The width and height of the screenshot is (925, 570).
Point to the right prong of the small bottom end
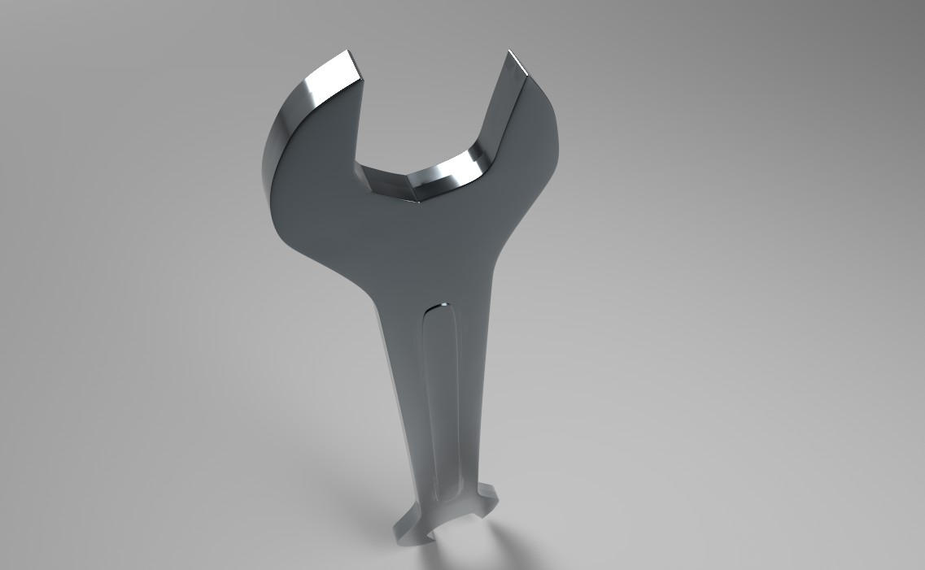[486, 493]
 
